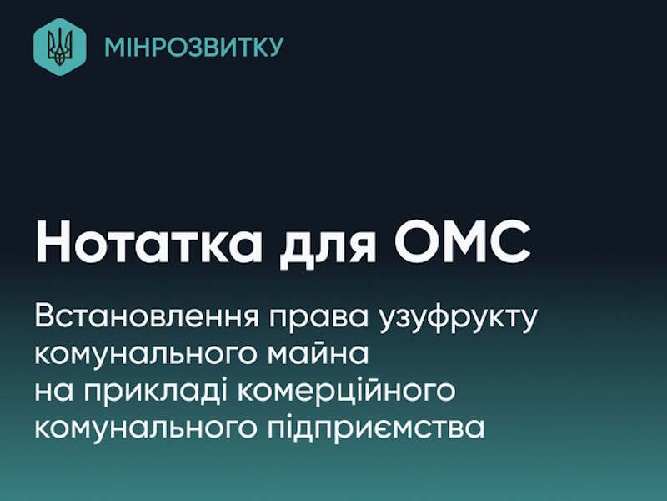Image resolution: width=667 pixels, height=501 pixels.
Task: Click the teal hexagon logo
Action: coord(59,46)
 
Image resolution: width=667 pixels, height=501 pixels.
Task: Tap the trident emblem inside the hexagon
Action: coord(59,46)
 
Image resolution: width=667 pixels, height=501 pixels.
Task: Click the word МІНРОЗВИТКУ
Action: coord(193,47)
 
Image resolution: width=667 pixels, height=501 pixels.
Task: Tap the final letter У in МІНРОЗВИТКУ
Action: coord(274,47)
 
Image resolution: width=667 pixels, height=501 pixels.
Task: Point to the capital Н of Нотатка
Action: coord(53,240)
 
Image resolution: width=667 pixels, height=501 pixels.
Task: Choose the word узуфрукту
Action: coord(457,320)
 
